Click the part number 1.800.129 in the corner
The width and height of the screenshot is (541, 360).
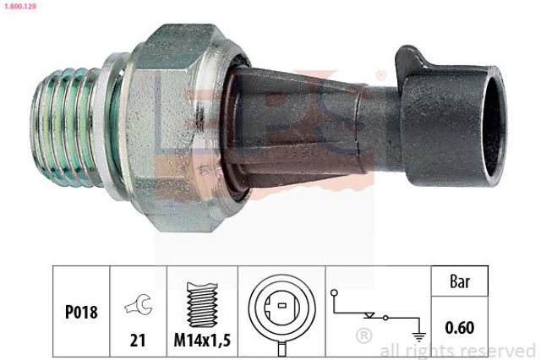pyautogui.click(x=20, y=6)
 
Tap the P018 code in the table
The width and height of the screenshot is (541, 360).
pyautogui.click(x=81, y=312)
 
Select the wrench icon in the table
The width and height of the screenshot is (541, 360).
pyautogui.click(x=139, y=305)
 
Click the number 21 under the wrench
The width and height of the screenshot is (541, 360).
pyautogui.click(x=138, y=341)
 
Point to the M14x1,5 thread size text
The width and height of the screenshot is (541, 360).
pyautogui.click(x=202, y=341)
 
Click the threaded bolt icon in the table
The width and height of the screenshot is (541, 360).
pyautogui.click(x=202, y=305)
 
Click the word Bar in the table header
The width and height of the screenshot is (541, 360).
pyautogui.click(x=460, y=281)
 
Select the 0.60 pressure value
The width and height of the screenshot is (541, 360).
pyautogui.click(x=460, y=328)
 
